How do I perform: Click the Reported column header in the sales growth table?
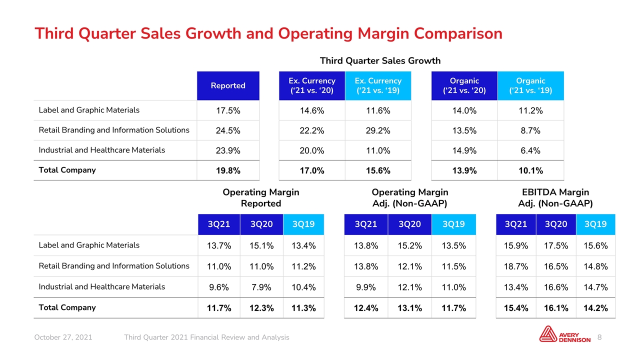pos(228,85)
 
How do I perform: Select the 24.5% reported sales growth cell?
pos(228,130)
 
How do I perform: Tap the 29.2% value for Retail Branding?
pos(378,130)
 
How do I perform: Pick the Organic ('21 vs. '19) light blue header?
pos(530,85)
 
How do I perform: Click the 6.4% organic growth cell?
pos(530,150)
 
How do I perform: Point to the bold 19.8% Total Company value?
pos(228,170)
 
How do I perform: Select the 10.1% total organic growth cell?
pos(530,170)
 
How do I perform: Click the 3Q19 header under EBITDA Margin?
pos(595,224)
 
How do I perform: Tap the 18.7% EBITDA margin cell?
pos(515,266)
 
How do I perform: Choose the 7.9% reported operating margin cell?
pos(261,287)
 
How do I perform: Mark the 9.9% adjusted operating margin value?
pos(365,287)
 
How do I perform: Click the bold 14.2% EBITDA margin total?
pos(595,308)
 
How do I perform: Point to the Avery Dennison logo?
pos(565,334)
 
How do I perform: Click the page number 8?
pos(599,337)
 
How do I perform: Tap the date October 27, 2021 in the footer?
pos(63,337)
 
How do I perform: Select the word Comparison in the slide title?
pos(458,33)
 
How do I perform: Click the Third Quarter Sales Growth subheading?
pos(380,61)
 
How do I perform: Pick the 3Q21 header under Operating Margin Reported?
pos(219,224)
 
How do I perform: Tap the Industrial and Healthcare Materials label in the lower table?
pos(101,286)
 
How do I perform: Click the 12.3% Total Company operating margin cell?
pos(261,308)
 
